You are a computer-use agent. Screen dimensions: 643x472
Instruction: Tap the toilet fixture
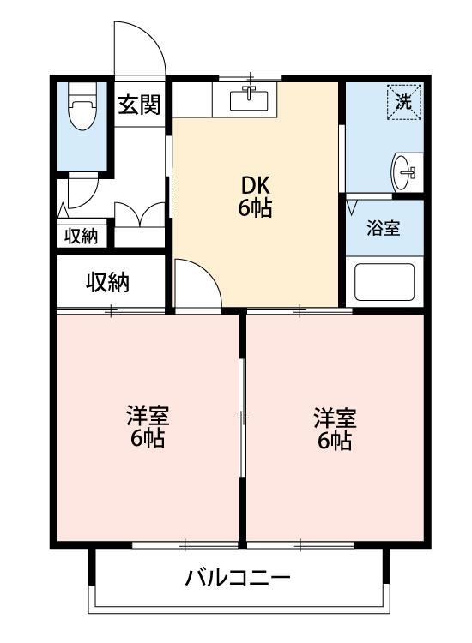tap(82, 111)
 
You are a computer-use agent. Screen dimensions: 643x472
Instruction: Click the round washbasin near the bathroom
tap(404, 173)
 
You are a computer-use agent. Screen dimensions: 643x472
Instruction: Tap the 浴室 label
tap(384, 229)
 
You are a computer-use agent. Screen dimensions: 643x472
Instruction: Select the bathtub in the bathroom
tap(384, 281)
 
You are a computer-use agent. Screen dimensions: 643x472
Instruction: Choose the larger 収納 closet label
tap(107, 282)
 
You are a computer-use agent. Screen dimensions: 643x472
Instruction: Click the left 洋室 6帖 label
tap(148, 427)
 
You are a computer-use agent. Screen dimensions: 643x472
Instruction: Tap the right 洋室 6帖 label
tap(335, 429)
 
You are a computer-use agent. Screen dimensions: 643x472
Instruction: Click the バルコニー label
tap(238, 577)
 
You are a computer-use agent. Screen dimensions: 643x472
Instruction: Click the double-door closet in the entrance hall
tap(139, 214)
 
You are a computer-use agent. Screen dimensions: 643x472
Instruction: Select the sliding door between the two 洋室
tap(243, 418)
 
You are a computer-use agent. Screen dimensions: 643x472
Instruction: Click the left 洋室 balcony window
tap(185, 544)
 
